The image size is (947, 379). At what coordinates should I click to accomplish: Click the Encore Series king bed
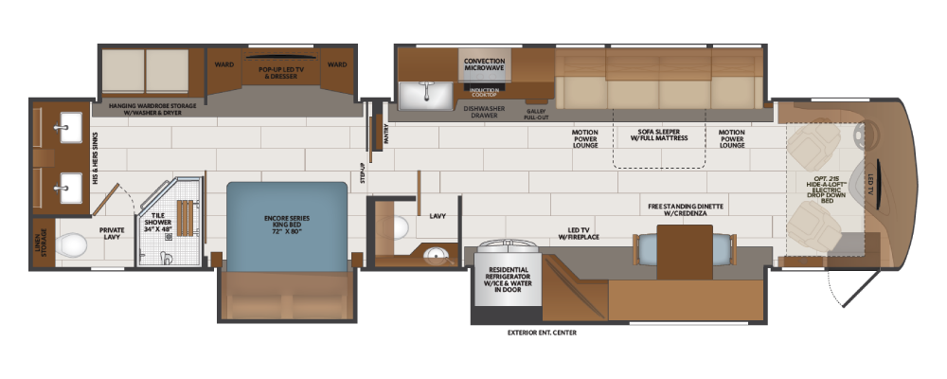tap(287, 226)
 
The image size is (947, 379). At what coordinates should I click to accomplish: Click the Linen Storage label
tap(44, 243)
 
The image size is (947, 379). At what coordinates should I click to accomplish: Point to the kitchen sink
tap(426, 95)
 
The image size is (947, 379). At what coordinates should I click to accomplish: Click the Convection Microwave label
tap(484, 64)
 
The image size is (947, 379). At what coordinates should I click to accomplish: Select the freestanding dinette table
tap(685, 251)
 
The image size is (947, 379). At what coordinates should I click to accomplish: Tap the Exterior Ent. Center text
tap(542, 333)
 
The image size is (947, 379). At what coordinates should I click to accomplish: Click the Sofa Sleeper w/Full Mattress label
tap(659, 135)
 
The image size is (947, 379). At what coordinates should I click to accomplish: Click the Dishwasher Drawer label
tap(481, 111)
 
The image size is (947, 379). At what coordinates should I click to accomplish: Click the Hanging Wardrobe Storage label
tap(152, 109)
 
